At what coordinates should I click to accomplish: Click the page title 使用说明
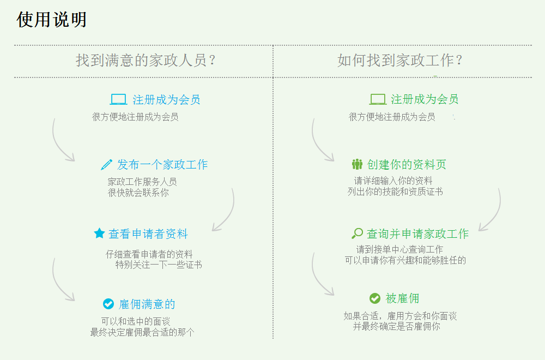point(51,19)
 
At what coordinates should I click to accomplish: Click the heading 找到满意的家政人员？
point(146,60)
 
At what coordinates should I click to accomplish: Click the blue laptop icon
point(118,99)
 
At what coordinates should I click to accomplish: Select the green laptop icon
point(378,99)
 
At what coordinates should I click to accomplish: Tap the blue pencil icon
point(106,165)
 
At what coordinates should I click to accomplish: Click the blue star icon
point(99,233)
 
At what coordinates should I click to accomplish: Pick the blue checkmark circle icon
point(108,304)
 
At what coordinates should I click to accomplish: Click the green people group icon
point(357,164)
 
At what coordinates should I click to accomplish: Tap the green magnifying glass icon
point(358,233)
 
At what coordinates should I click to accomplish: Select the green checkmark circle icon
point(375,298)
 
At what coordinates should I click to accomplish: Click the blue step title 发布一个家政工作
point(162,165)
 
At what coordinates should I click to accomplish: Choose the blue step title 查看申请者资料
point(148,234)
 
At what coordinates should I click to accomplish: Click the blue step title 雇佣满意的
point(147,304)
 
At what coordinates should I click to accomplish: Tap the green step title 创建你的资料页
point(407,164)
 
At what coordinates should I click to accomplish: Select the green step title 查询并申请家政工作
point(418,234)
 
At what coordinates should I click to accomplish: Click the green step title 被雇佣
point(402,298)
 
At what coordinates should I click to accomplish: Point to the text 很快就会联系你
point(138,193)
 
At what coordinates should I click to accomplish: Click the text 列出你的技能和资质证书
point(395,191)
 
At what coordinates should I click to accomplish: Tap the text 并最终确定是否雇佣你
point(397,326)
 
